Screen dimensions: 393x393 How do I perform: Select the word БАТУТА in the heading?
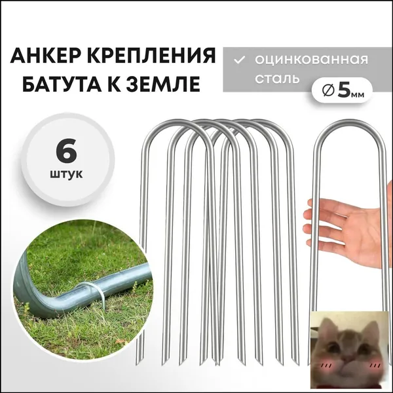(x=61, y=83)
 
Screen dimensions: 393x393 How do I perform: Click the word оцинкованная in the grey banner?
(x=311, y=60)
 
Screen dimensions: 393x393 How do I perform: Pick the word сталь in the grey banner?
(x=277, y=78)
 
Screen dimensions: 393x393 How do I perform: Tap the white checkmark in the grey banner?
(x=239, y=60)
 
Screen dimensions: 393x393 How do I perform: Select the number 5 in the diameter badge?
(x=344, y=91)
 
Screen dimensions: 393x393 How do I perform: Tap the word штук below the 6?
(x=66, y=174)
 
